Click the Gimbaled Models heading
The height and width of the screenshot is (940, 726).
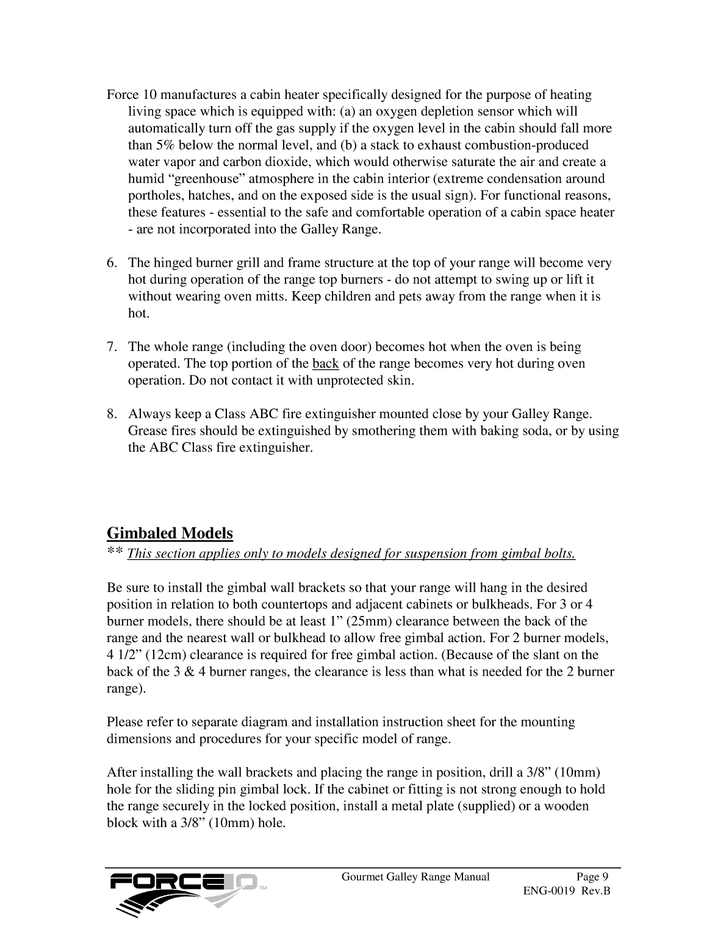click(x=170, y=533)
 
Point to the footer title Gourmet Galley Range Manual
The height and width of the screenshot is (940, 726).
click(x=415, y=877)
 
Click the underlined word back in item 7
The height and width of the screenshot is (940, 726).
click(x=325, y=364)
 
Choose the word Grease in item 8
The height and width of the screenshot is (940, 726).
click(x=146, y=431)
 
